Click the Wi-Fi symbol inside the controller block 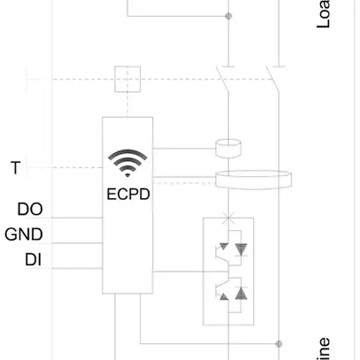point(127,163)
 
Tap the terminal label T point(14,168)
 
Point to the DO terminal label point(29,210)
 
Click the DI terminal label point(33,259)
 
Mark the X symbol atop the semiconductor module point(229,217)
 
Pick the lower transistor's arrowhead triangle point(224,296)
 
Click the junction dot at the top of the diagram point(228,16)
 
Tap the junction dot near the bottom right point(280,343)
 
